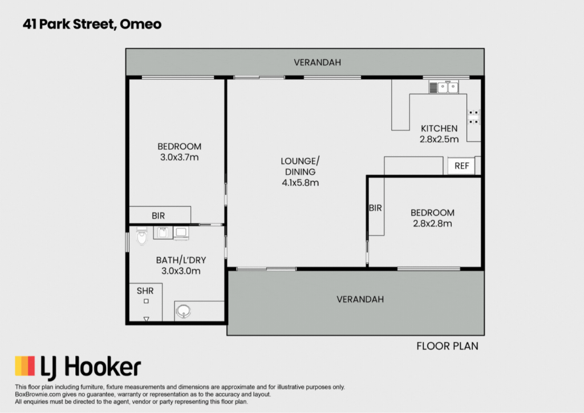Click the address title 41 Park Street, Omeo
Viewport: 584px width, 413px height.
click(x=92, y=24)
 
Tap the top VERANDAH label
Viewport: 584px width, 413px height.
click(x=317, y=63)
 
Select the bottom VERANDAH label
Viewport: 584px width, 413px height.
click(x=360, y=300)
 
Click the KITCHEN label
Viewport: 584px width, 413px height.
click(x=439, y=129)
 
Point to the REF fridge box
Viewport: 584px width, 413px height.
click(x=461, y=166)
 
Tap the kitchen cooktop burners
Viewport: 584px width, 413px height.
click(x=474, y=117)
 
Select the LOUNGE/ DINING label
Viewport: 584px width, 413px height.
click(x=300, y=166)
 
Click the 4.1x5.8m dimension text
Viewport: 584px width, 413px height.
click(x=300, y=183)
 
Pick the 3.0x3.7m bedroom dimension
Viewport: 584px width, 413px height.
click(x=180, y=157)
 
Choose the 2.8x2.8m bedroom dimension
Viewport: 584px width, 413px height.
click(x=432, y=224)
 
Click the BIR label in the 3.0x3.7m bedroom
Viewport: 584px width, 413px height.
click(x=159, y=216)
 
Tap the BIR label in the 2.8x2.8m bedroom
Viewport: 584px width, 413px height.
click(x=375, y=208)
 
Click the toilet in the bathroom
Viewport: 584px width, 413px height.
click(x=141, y=236)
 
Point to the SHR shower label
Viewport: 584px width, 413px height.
click(x=145, y=291)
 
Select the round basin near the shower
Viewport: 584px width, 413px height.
click(x=183, y=311)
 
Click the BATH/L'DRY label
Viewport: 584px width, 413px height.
click(x=181, y=260)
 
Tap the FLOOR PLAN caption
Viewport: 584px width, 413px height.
click(x=447, y=346)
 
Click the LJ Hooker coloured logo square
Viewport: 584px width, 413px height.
click(x=25, y=366)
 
